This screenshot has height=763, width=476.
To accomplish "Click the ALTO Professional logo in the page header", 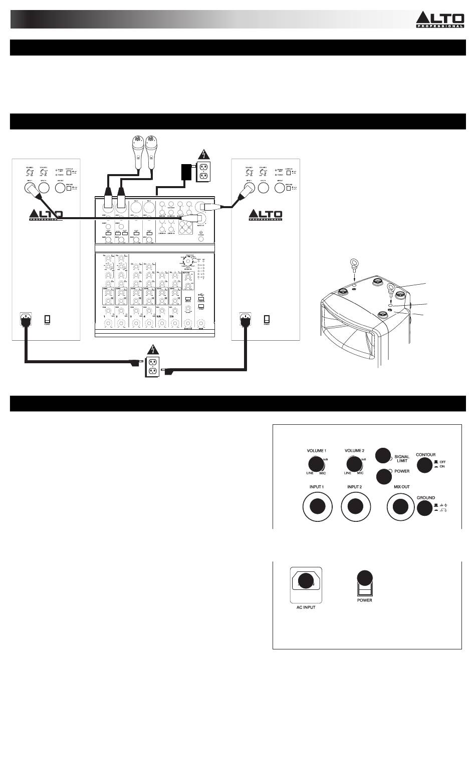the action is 439,20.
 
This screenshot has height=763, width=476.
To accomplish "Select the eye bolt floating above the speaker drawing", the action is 354,263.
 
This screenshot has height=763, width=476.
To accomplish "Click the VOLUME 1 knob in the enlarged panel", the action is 316,464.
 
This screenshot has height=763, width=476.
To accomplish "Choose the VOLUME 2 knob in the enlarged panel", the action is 354,464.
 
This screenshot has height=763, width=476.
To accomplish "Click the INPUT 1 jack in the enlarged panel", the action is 317,506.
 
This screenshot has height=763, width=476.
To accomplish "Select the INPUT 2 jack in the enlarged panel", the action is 355,506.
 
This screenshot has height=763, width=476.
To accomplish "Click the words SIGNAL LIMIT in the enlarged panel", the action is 402,458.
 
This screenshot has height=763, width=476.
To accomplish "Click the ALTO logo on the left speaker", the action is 46,215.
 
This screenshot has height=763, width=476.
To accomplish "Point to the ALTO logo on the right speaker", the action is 266,215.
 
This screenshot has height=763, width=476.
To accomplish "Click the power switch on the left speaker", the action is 48,319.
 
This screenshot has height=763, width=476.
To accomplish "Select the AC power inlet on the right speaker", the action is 245,319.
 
